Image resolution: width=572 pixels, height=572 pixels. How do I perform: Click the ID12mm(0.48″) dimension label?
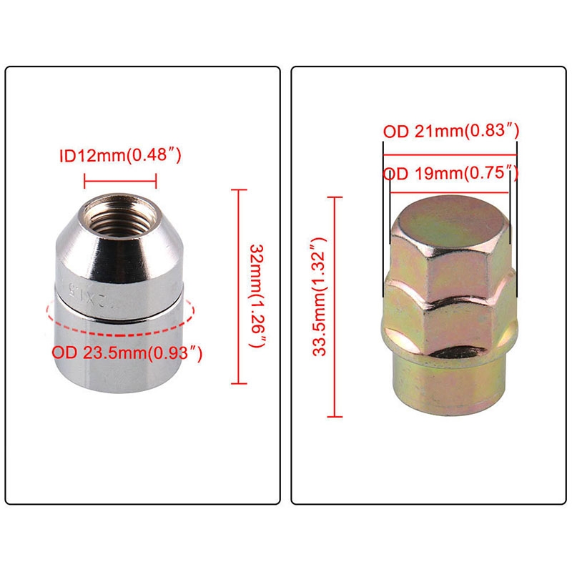click(120, 156)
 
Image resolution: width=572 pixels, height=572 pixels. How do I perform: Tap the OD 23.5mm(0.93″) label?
click(127, 352)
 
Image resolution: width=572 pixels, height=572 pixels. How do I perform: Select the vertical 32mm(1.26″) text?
click(257, 296)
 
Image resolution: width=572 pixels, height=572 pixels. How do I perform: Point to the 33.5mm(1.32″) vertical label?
click(319, 296)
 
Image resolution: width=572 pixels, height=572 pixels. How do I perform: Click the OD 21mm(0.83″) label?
click(450, 131)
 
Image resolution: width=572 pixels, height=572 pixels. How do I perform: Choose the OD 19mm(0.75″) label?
click(450, 173)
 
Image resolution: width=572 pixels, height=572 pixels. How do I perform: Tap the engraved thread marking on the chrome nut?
click(84, 294)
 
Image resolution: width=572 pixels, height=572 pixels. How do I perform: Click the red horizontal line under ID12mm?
click(120, 181)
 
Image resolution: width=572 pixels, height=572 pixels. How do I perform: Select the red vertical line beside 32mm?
click(239, 287)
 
